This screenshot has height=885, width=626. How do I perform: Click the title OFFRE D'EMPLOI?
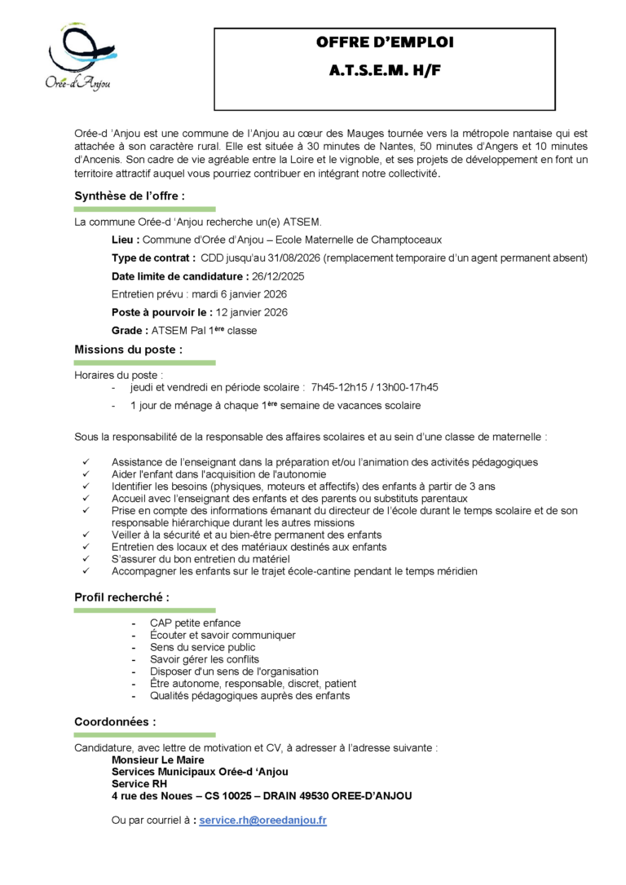pos(385,42)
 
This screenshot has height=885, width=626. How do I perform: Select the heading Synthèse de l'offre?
pos(130,196)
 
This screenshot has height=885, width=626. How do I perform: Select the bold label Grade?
pos(130,330)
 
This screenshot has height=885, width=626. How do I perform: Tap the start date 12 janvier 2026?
pos(252,312)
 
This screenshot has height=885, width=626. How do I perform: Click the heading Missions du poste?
pos(128,350)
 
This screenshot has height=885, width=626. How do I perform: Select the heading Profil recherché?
pos(122,597)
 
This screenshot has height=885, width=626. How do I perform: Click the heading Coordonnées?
pos(115,721)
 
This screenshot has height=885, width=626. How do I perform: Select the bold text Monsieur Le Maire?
pos(156,759)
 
